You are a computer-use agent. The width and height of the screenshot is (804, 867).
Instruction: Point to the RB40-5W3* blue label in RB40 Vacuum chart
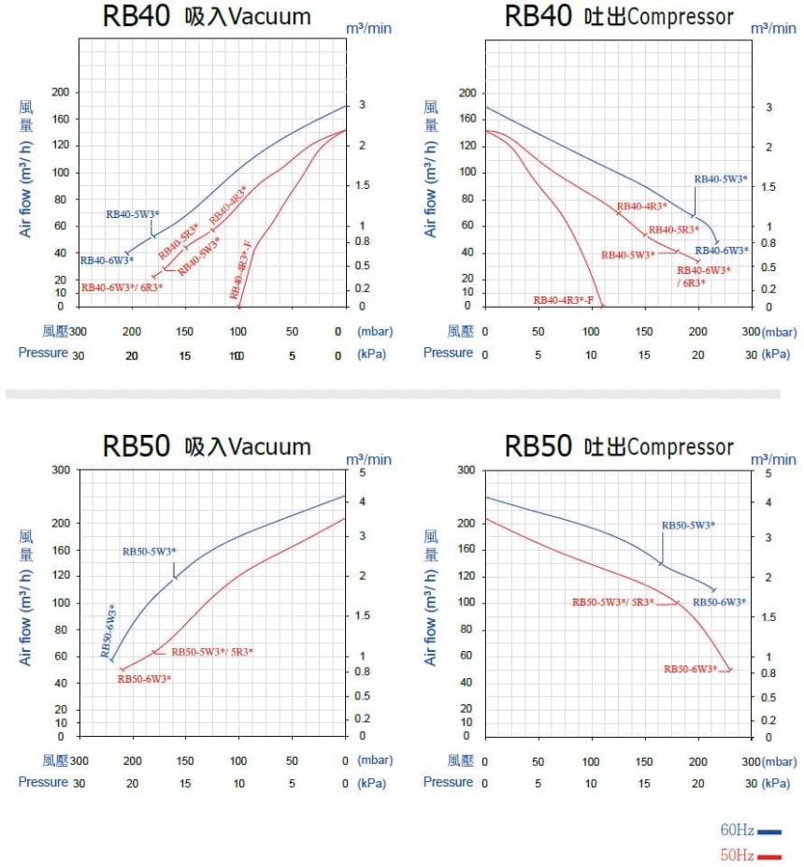pyautogui.click(x=133, y=214)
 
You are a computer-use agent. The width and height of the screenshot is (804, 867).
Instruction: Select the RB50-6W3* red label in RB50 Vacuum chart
pyautogui.click(x=144, y=679)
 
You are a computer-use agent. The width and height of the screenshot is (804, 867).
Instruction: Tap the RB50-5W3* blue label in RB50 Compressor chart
pyautogui.click(x=688, y=526)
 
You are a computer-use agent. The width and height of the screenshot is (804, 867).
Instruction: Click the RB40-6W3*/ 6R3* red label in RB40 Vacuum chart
pyautogui.click(x=122, y=287)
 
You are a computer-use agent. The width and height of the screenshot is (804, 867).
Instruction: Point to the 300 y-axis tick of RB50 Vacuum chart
pyautogui.click(x=61, y=470)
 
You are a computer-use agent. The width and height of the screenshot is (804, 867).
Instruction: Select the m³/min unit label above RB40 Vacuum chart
pyautogui.click(x=368, y=28)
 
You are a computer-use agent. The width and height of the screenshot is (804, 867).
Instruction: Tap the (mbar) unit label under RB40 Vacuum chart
pyautogui.click(x=374, y=331)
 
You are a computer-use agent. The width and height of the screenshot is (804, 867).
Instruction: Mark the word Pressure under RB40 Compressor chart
pyautogui.click(x=448, y=353)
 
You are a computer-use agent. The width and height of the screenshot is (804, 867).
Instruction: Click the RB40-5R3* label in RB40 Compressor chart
pyautogui.click(x=674, y=230)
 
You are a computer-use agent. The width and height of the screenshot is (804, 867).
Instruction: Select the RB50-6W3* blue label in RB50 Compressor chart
pyautogui.click(x=719, y=602)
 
